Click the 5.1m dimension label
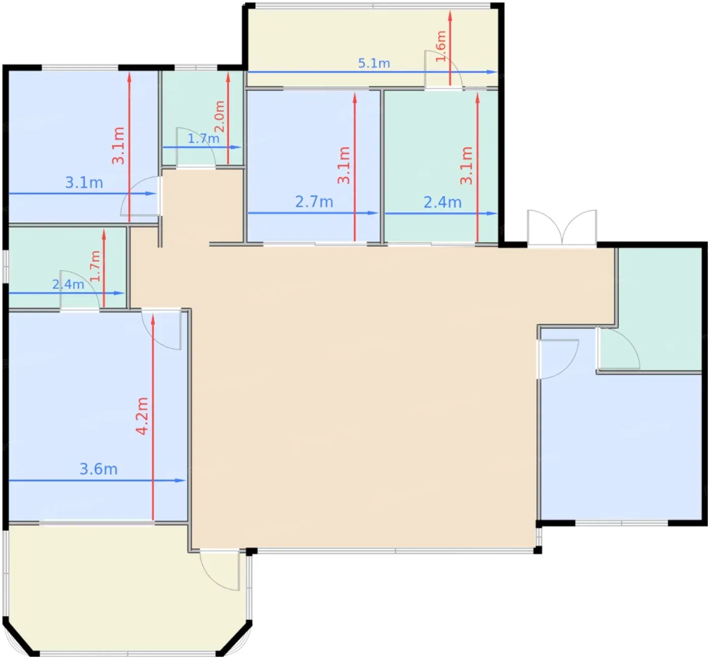click(x=374, y=63)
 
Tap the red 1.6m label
click(x=441, y=46)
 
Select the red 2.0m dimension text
click(x=219, y=117)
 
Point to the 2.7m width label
click(x=314, y=202)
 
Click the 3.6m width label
click(x=98, y=469)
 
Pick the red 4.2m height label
click(x=143, y=416)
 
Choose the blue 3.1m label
click(x=84, y=183)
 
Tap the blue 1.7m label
click(x=203, y=138)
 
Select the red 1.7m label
click(x=95, y=266)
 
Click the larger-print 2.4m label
click(x=443, y=202)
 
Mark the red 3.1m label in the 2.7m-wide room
click(x=344, y=165)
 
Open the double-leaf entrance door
click(x=562, y=228)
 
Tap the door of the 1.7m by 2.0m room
click(x=196, y=147)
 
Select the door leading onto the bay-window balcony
click(x=220, y=570)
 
